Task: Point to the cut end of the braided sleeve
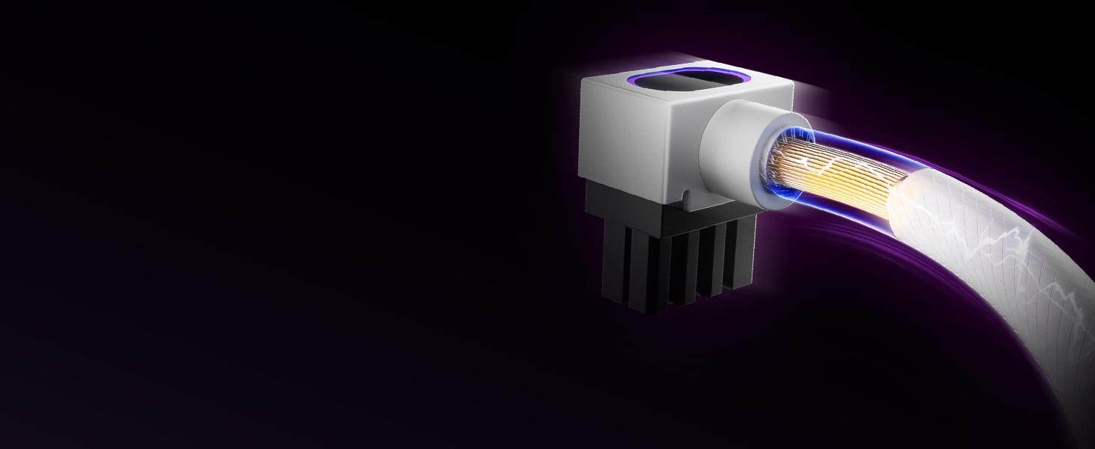click(901, 198)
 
